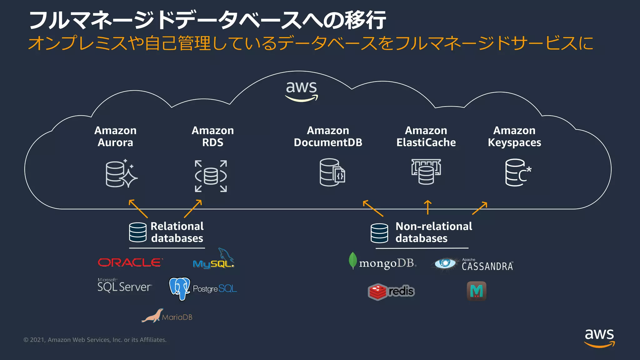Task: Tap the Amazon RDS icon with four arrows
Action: (x=211, y=176)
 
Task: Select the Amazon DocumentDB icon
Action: (x=332, y=172)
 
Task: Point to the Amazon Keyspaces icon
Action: (x=517, y=172)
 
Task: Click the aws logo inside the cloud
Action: (x=302, y=91)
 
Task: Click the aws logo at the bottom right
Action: (x=599, y=337)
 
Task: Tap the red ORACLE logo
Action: (x=130, y=262)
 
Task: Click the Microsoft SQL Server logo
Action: (x=125, y=285)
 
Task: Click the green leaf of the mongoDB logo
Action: (x=353, y=260)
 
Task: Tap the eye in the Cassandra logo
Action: (x=445, y=263)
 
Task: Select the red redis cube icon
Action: (x=378, y=292)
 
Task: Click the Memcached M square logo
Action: (x=476, y=291)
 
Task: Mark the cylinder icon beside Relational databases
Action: (x=138, y=232)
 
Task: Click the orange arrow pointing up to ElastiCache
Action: (x=427, y=207)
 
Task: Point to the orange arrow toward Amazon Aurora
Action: (x=138, y=208)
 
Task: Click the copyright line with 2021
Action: (x=95, y=340)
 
